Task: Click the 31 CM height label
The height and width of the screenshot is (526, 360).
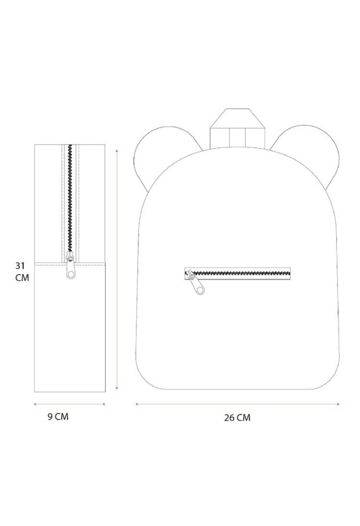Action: tap(22, 272)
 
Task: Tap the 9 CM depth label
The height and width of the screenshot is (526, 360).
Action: tap(58, 417)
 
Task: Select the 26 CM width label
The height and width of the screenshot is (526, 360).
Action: tap(237, 417)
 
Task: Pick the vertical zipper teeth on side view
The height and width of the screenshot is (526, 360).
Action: tap(70, 199)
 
